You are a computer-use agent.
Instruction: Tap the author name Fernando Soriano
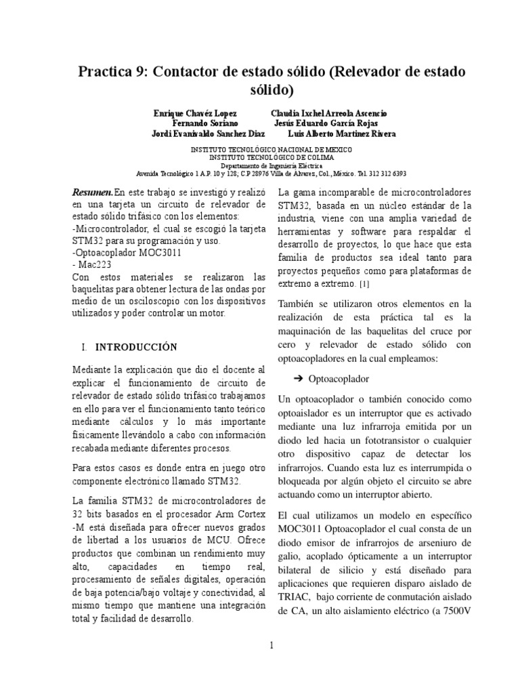(204, 123)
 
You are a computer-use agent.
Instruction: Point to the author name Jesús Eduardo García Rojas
(326, 123)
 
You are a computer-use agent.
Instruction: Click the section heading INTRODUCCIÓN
(135, 347)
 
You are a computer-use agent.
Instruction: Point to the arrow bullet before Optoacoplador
(299, 378)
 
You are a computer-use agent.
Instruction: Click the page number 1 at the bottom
(271, 645)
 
